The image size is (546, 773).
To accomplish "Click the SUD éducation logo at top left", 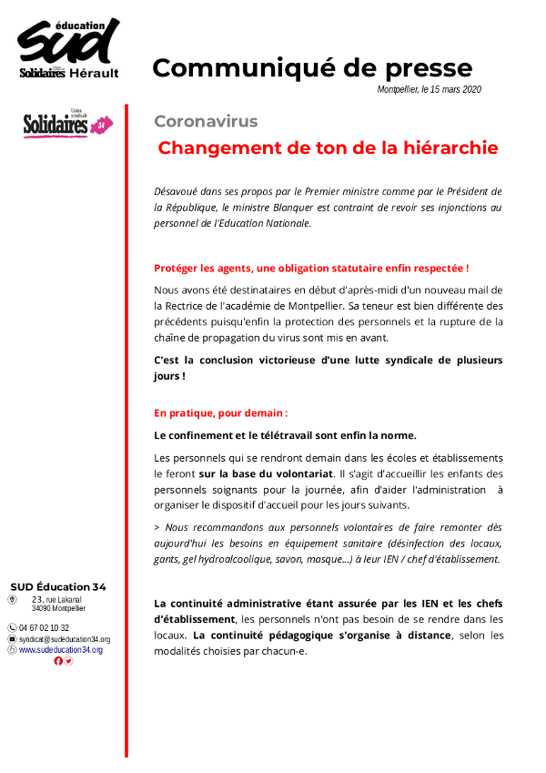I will pos(68,50).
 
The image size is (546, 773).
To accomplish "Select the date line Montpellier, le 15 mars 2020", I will pos(429,90).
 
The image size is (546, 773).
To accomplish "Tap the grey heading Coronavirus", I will pos(206,121).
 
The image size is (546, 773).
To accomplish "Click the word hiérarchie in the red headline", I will pos(447,147).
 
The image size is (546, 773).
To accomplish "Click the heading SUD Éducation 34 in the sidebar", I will pos(58,585).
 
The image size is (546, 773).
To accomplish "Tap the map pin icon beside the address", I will pos(12,600).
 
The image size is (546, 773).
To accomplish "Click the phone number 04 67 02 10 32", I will pos(44,627).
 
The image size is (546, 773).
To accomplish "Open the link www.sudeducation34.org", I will pos(61,649).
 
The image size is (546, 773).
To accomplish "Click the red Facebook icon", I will pos(58,661).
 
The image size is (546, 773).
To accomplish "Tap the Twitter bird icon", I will pos(68,661).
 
